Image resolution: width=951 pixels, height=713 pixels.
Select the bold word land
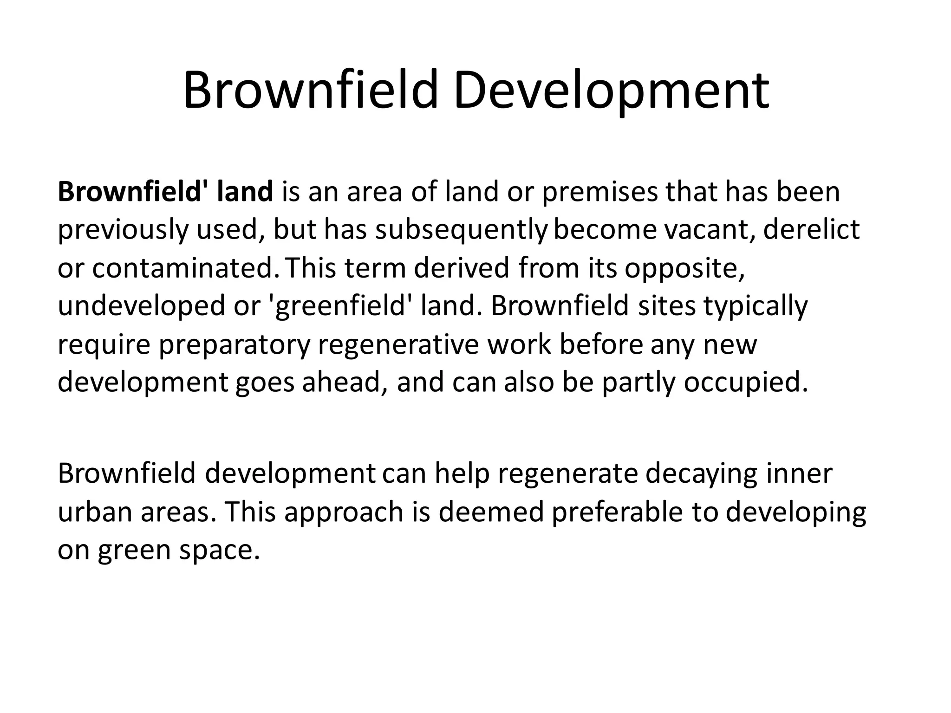(245, 192)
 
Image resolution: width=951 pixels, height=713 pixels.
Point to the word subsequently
(461, 230)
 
